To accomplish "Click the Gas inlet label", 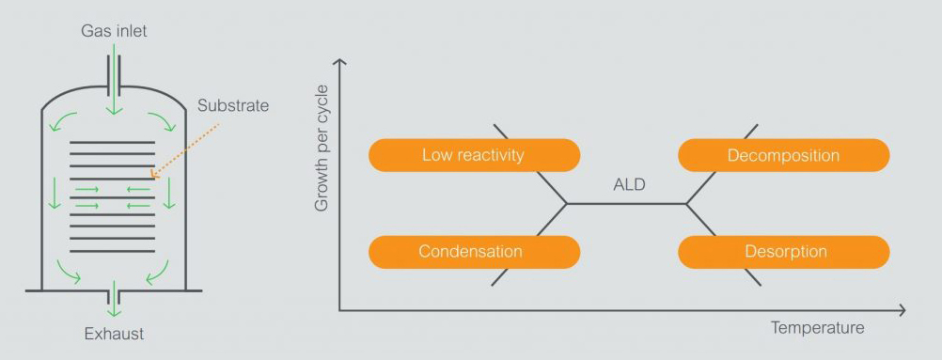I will click(114, 31).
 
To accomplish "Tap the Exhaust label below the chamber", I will click(114, 333).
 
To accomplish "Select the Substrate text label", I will click(233, 105).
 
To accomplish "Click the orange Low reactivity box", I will click(473, 155).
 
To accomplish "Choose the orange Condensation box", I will click(473, 252).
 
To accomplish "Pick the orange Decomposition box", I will click(783, 155).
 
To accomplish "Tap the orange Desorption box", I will click(783, 252).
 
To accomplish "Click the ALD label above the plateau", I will click(629, 184).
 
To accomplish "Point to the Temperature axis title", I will click(817, 328).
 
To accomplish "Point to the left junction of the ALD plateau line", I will click(566, 203).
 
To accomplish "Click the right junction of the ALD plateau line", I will click(687, 203).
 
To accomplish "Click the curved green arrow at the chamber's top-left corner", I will click(59, 121).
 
